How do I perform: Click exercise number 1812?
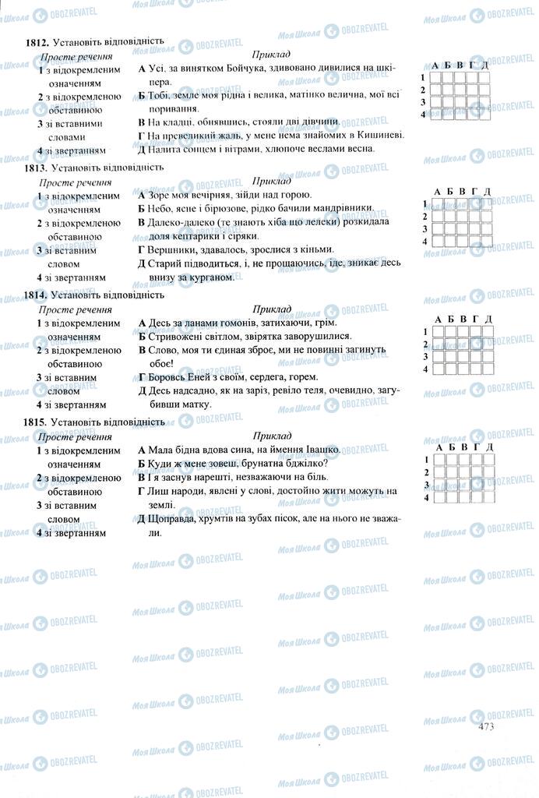click(x=38, y=42)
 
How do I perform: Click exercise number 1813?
click(x=38, y=168)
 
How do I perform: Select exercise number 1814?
click(x=38, y=296)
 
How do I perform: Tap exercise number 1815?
click(x=38, y=422)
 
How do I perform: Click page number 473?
click(x=488, y=726)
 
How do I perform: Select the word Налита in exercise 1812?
click(x=166, y=149)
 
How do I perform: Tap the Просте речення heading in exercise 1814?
click(x=76, y=309)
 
